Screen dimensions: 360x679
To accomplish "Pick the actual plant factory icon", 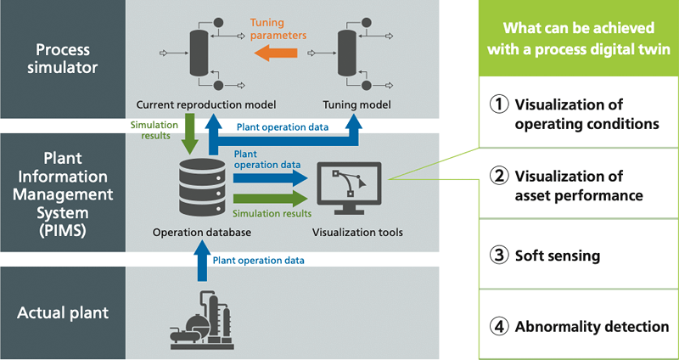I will (x=202, y=318).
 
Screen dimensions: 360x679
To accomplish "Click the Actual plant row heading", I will (x=63, y=312).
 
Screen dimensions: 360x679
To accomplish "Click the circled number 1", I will (x=502, y=104).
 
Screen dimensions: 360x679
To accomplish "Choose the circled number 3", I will (x=502, y=255).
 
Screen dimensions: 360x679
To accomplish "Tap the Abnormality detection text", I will (x=592, y=326).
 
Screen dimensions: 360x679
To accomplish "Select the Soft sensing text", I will (x=559, y=255).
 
